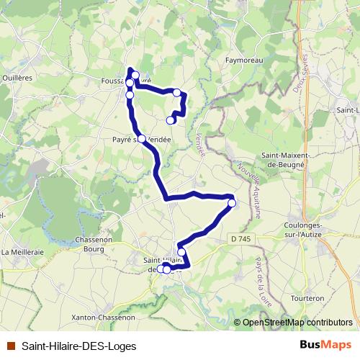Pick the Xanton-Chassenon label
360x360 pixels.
tap(104, 317)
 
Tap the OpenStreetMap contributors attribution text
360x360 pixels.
tap(297, 323)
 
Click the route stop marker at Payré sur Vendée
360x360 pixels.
tap(142, 139)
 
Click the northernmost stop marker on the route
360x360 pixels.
tap(135, 75)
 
